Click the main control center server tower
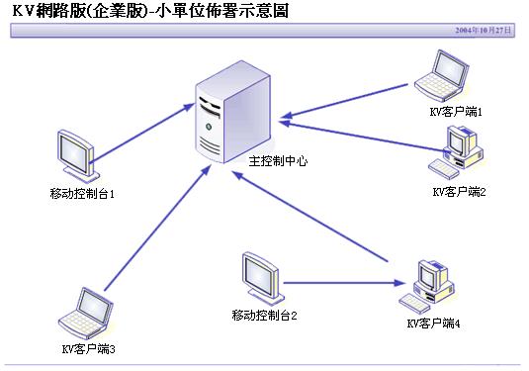pos(232,112)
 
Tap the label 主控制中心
pos(278,161)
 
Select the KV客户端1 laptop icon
pos(441,75)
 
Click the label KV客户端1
pos(456,112)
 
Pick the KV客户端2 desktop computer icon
pos(455,152)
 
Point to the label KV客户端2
pos(459,192)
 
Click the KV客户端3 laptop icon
pos(86,314)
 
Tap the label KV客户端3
pos(89,348)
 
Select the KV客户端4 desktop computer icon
pos(426,287)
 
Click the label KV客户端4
pos(433,324)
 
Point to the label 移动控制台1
pos(82,194)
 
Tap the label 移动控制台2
pos(264,316)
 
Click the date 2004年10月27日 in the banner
pos(484,31)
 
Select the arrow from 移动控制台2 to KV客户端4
pos(344,283)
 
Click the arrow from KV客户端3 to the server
pos(158,228)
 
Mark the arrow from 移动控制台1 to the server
pos(142,133)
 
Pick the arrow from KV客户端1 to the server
pos(344,101)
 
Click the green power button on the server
pos(209,127)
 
